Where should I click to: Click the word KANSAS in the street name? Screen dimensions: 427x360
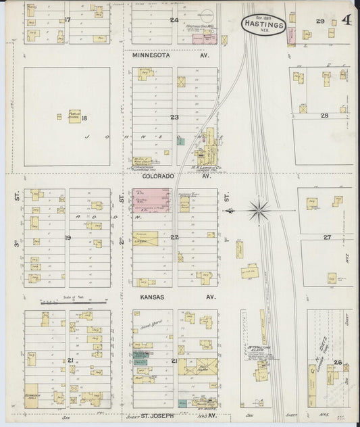click(x=154, y=297)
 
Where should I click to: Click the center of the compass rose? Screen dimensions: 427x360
click(x=262, y=209)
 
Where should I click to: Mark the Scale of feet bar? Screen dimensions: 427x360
click(x=67, y=303)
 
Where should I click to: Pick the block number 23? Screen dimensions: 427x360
click(x=174, y=118)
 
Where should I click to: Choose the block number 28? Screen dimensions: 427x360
click(x=324, y=116)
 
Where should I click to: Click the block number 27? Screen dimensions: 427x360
click(x=327, y=237)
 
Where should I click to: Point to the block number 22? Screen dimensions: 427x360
click(x=174, y=237)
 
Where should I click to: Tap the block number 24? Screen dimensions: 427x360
click(x=174, y=20)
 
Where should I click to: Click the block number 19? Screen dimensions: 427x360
click(x=68, y=238)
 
